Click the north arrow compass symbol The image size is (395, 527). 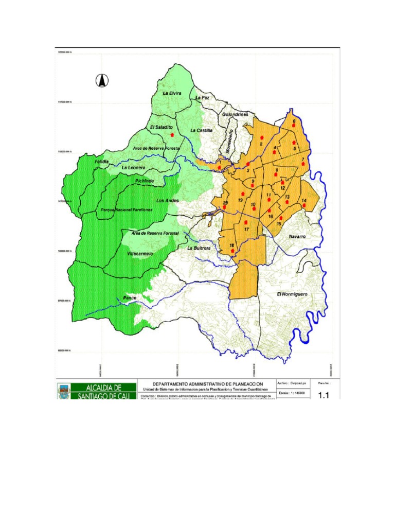[x=102, y=81]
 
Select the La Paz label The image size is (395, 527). [x=202, y=97]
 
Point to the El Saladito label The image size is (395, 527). [x=160, y=127]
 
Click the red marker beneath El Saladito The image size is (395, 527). [x=172, y=134]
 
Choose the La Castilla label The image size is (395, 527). [x=201, y=130]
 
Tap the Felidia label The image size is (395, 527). [x=102, y=162]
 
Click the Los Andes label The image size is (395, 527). [x=167, y=201]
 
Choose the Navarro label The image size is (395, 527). [x=297, y=236]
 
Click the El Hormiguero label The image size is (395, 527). [x=292, y=294]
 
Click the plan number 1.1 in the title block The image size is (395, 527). [x=324, y=395]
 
